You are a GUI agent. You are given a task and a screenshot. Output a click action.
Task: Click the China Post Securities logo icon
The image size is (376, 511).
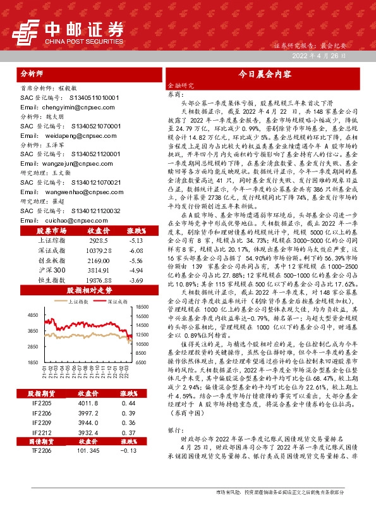tap(25, 29)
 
